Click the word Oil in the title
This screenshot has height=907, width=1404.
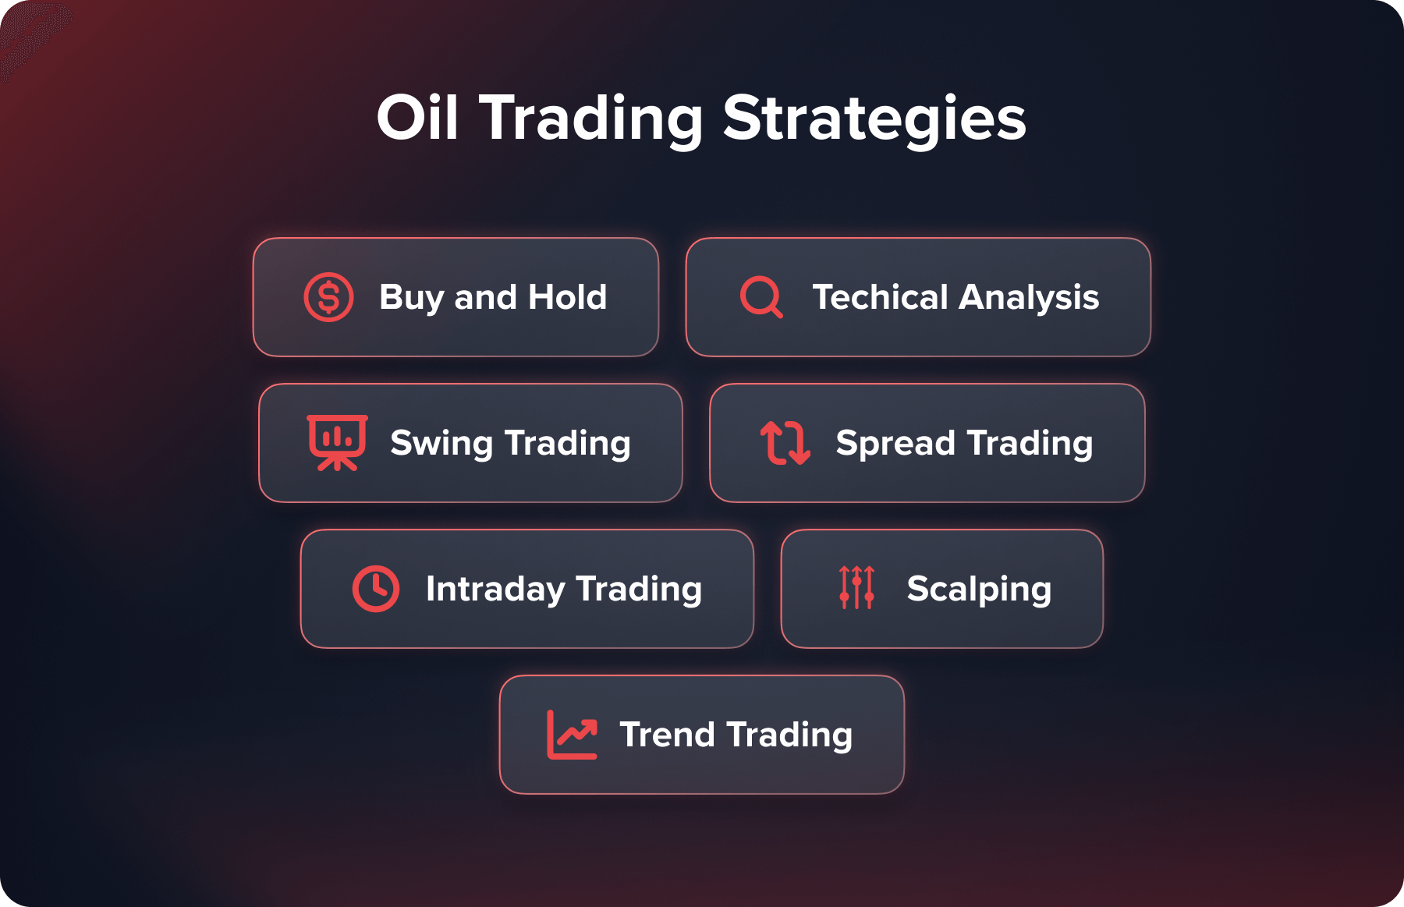(x=417, y=119)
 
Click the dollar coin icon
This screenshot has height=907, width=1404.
(x=328, y=297)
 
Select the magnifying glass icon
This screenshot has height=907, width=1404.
(x=760, y=297)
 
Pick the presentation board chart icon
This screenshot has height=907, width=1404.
(x=337, y=442)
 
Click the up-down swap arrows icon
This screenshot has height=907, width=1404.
(x=785, y=442)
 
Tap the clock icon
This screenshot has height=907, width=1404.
(x=375, y=589)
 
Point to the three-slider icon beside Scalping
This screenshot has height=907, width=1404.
(x=856, y=587)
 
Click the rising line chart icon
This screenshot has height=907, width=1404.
(x=572, y=734)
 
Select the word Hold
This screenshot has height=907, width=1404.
(x=567, y=297)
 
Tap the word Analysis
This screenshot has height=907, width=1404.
(x=1029, y=297)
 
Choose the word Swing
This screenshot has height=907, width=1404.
(x=441, y=444)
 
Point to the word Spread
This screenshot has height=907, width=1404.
(x=895, y=444)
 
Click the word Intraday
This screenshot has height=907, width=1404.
(x=495, y=590)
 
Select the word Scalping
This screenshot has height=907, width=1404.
(x=979, y=590)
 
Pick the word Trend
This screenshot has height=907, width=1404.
(x=667, y=735)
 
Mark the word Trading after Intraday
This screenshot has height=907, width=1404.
(x=639, y=590)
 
